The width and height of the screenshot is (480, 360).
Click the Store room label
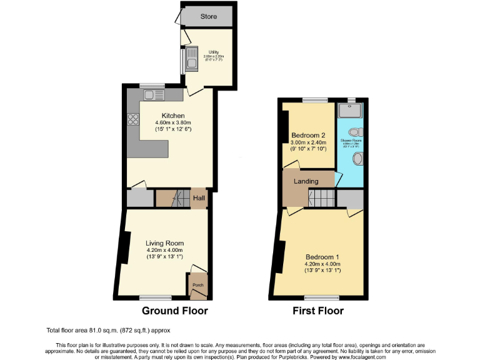coord(208,16)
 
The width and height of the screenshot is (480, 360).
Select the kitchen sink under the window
coord(153,95)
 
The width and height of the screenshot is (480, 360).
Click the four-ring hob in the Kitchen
coord(132,119)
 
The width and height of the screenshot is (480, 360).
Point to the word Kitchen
coord(173,116)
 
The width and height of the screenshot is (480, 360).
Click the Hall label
coord(199,198)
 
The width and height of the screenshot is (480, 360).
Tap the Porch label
coord(197,285)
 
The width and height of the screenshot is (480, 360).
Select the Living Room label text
coord(165,243)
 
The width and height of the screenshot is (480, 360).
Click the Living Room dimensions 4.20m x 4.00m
coord(165,251)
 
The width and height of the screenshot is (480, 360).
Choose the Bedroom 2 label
coord(308,136)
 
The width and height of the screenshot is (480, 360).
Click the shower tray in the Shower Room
coord(351,111)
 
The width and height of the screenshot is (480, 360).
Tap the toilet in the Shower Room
coord(356,132)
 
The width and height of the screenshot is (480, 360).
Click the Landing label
coord(306,181)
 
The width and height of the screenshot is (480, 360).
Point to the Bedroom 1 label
coord(322,257)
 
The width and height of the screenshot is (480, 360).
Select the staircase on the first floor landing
coord(321,199)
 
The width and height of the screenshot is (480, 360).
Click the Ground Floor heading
coord(174,311)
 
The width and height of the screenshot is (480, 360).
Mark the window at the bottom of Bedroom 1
coord(322,296)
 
